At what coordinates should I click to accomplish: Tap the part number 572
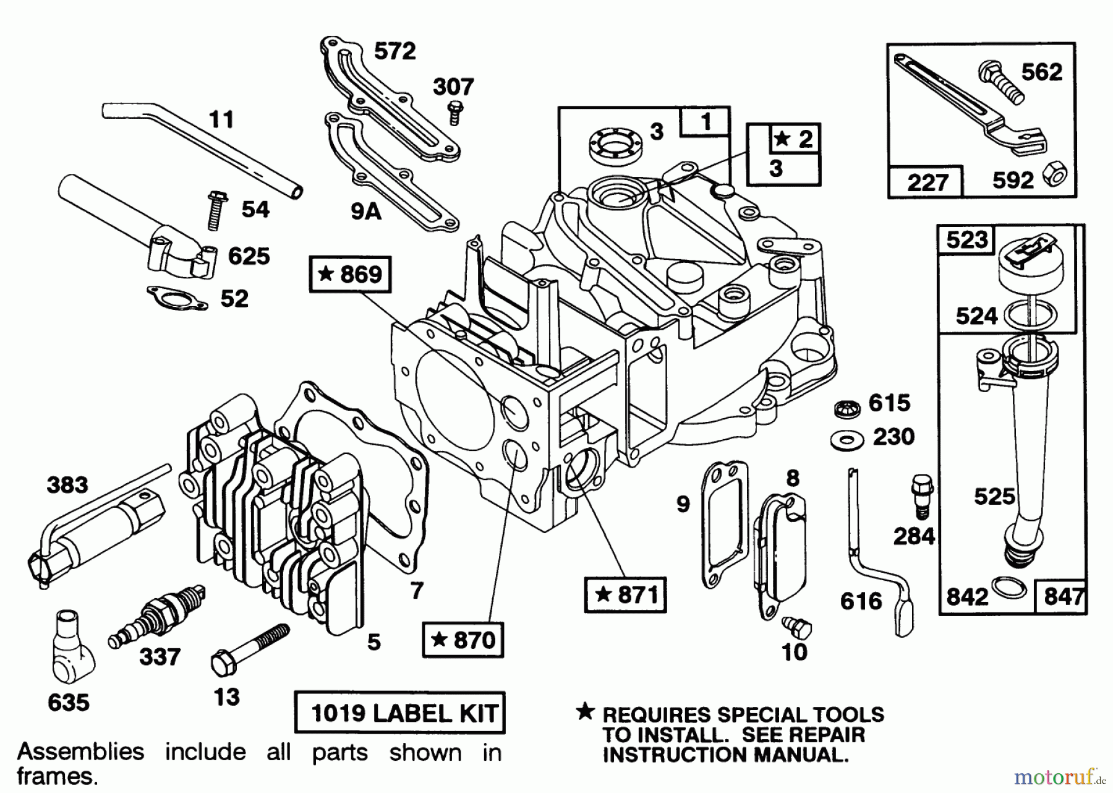click(x=395, y=51)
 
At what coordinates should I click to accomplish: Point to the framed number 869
click(x=350, y=273)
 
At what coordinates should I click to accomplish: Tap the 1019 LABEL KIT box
click(x=400, y=713)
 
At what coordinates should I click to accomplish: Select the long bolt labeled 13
click(x=250, y=649)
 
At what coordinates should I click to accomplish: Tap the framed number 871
click(x=625, y=594)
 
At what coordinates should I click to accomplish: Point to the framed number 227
click(x=926, y=182)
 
